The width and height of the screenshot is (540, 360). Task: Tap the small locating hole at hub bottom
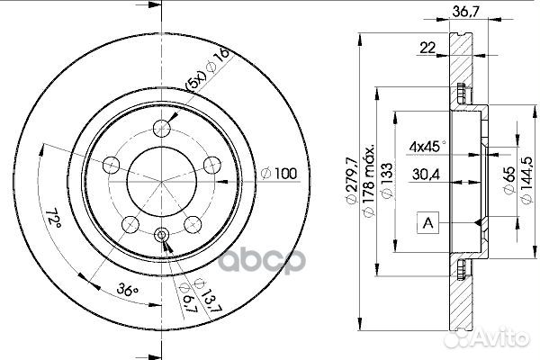(162, 237)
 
